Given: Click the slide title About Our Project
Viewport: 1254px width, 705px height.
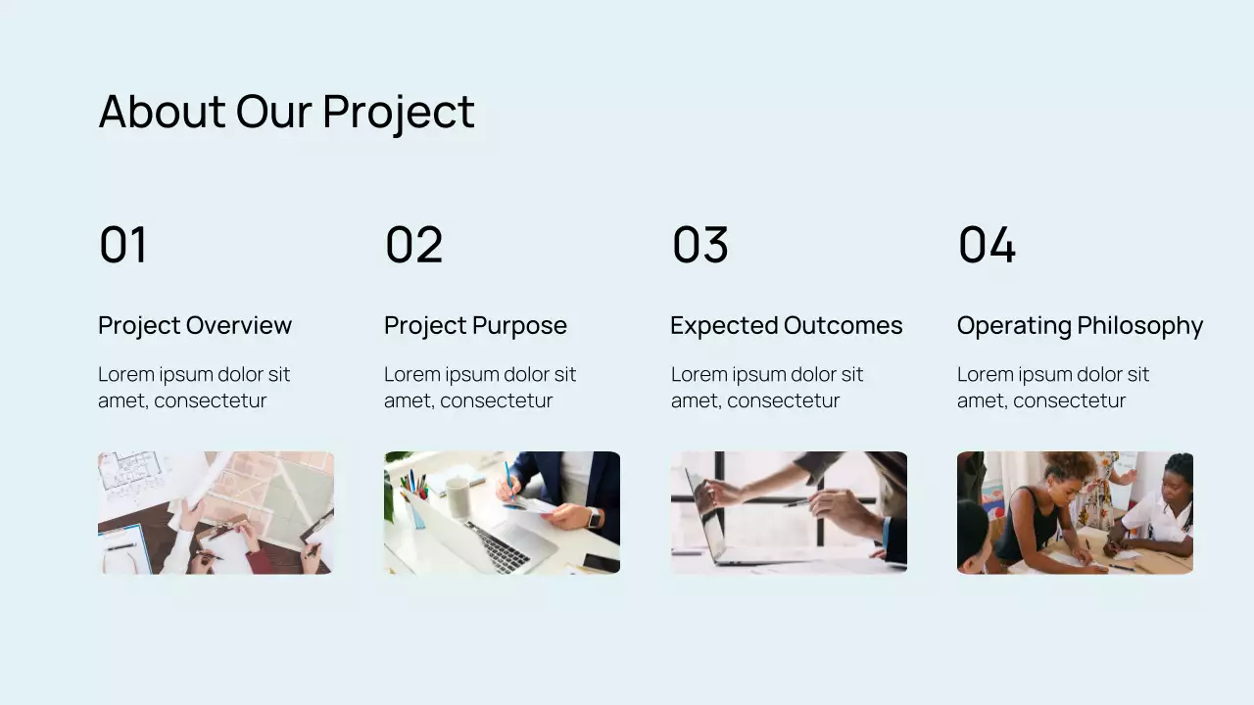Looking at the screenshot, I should click(x=286, y=112).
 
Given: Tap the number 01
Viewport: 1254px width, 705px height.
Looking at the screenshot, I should click(x=123, y=245).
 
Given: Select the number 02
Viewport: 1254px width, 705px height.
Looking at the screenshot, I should click(x=413, y=245).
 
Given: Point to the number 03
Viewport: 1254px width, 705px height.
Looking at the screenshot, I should click(x=699, y=245).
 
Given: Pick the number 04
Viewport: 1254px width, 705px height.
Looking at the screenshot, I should click(x=987, y=245).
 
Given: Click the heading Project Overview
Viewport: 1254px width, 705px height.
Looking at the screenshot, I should click(x=195, y=326).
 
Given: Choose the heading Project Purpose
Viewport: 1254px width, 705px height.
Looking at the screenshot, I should click(x=475, y=326).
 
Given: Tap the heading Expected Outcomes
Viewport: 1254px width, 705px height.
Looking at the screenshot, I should click(x=786, y=326).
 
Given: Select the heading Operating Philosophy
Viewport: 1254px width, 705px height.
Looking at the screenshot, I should click(x=1080, y=326).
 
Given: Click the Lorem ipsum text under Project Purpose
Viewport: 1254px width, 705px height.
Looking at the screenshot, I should click(x=480, y=388).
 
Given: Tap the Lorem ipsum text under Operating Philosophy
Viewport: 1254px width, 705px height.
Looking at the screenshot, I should click(x=1053, y=388).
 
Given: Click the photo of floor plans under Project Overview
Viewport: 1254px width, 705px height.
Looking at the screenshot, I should click(x=216, y=512).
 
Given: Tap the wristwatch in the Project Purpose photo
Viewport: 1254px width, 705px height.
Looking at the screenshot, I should click(x=594, y=518).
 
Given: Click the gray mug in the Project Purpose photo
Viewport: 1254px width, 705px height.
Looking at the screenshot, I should click(x=458, y=496).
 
